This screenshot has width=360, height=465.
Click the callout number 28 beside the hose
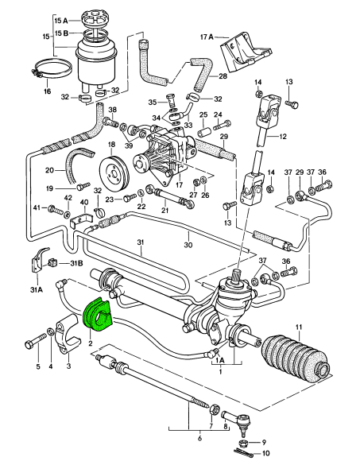coord(223,76)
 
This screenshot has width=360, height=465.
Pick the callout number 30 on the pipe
coord(189,246)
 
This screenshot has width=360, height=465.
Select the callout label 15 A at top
coord(61,18)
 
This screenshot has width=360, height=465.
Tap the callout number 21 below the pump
coord(165,210)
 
